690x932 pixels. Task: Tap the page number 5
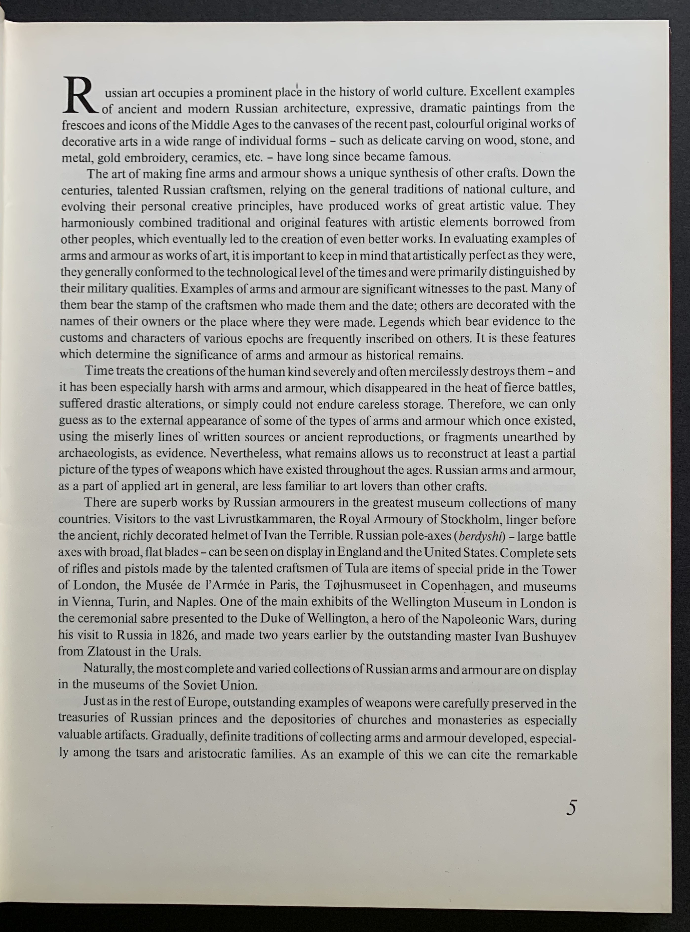[571, 808]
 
